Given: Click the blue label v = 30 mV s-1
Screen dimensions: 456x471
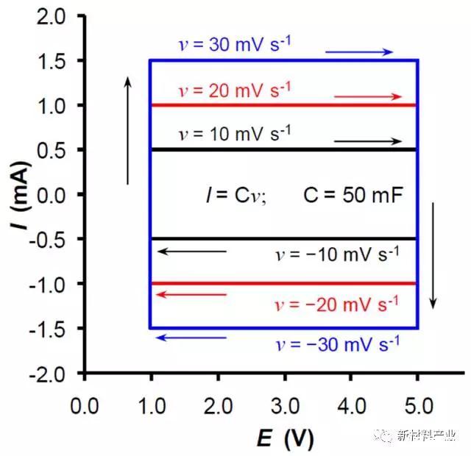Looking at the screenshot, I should point(235,45).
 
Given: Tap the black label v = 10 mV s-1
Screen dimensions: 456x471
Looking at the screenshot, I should point(235,134).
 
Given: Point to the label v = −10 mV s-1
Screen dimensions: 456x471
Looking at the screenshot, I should point(336,254).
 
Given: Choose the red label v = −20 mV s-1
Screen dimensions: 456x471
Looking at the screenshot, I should point(336,302).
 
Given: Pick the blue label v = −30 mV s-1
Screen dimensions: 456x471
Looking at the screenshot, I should point(336,343).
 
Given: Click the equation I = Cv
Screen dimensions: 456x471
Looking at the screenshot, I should point(235,195).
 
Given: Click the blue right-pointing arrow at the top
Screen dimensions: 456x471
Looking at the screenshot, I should point(359,52).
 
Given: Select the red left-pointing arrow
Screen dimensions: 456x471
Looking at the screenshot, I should point(192,295).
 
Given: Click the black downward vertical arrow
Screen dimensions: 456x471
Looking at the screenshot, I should point(433,255).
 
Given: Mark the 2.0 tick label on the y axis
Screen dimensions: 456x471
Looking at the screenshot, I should point(57,16).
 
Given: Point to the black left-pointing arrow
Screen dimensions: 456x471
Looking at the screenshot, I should point(192,252).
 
